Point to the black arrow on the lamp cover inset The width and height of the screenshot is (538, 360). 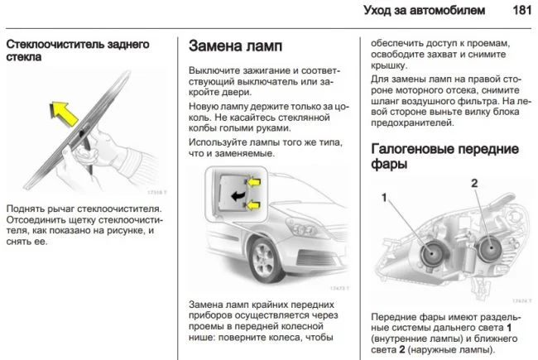[239, 193]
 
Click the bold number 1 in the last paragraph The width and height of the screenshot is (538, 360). [509, 328]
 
